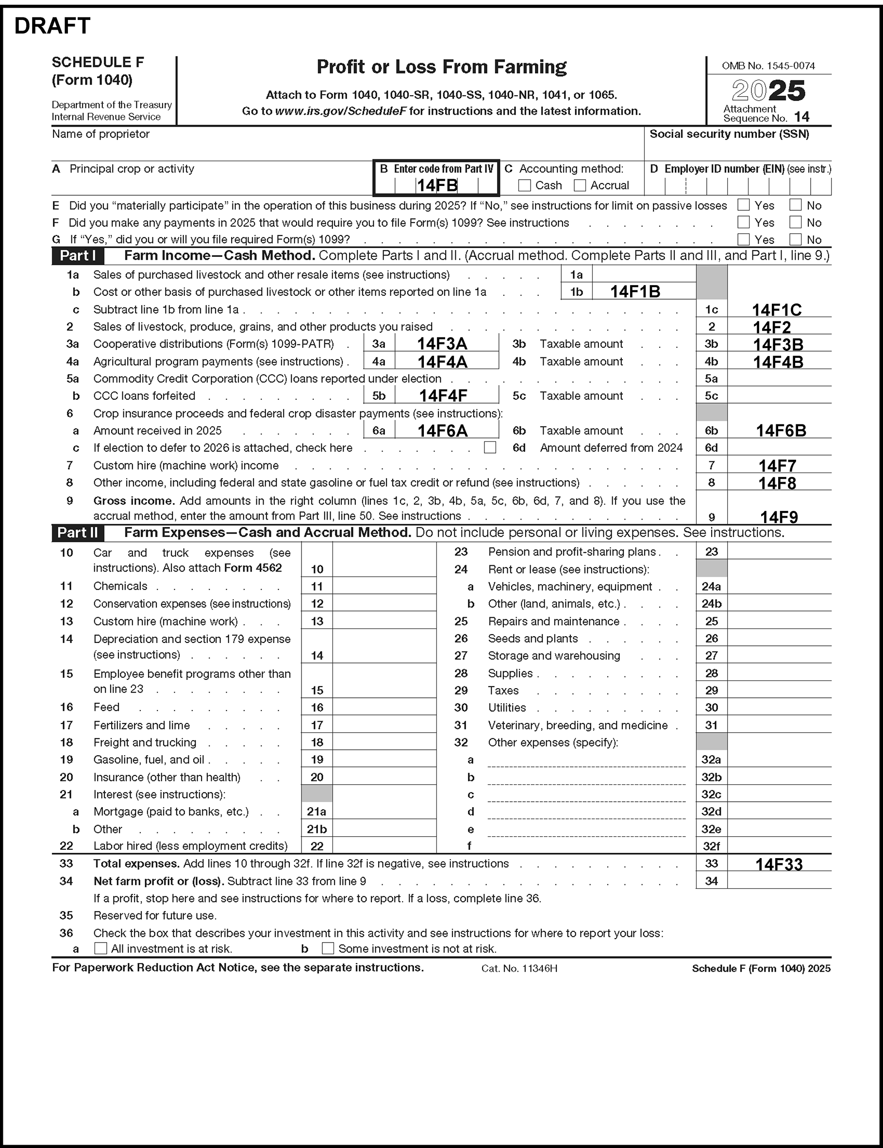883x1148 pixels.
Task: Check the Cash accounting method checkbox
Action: point(524,186)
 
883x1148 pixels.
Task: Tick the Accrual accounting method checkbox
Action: point(580,186)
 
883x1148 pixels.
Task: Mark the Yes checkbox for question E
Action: point(743,205)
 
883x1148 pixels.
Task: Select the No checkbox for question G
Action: point(796,240)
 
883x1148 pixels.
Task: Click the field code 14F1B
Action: point(635,292)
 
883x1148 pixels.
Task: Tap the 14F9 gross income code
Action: point(779,517)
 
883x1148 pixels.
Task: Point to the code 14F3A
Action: point(442,344)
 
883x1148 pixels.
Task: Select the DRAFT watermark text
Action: point(52,26)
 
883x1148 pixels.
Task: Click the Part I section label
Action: point(78,256)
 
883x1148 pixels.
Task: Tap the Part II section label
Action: point(78,533)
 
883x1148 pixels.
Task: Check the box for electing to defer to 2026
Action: point(490,447)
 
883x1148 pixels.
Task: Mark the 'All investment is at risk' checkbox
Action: point(100,948)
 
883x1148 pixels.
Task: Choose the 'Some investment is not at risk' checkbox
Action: point(328,948)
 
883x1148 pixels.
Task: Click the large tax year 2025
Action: point(768,90)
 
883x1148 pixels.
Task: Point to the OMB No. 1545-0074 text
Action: point(768,66)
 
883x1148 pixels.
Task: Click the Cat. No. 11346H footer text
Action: point(519,968)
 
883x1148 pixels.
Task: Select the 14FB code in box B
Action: point(437,186)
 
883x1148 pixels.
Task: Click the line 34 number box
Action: point(711,881)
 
